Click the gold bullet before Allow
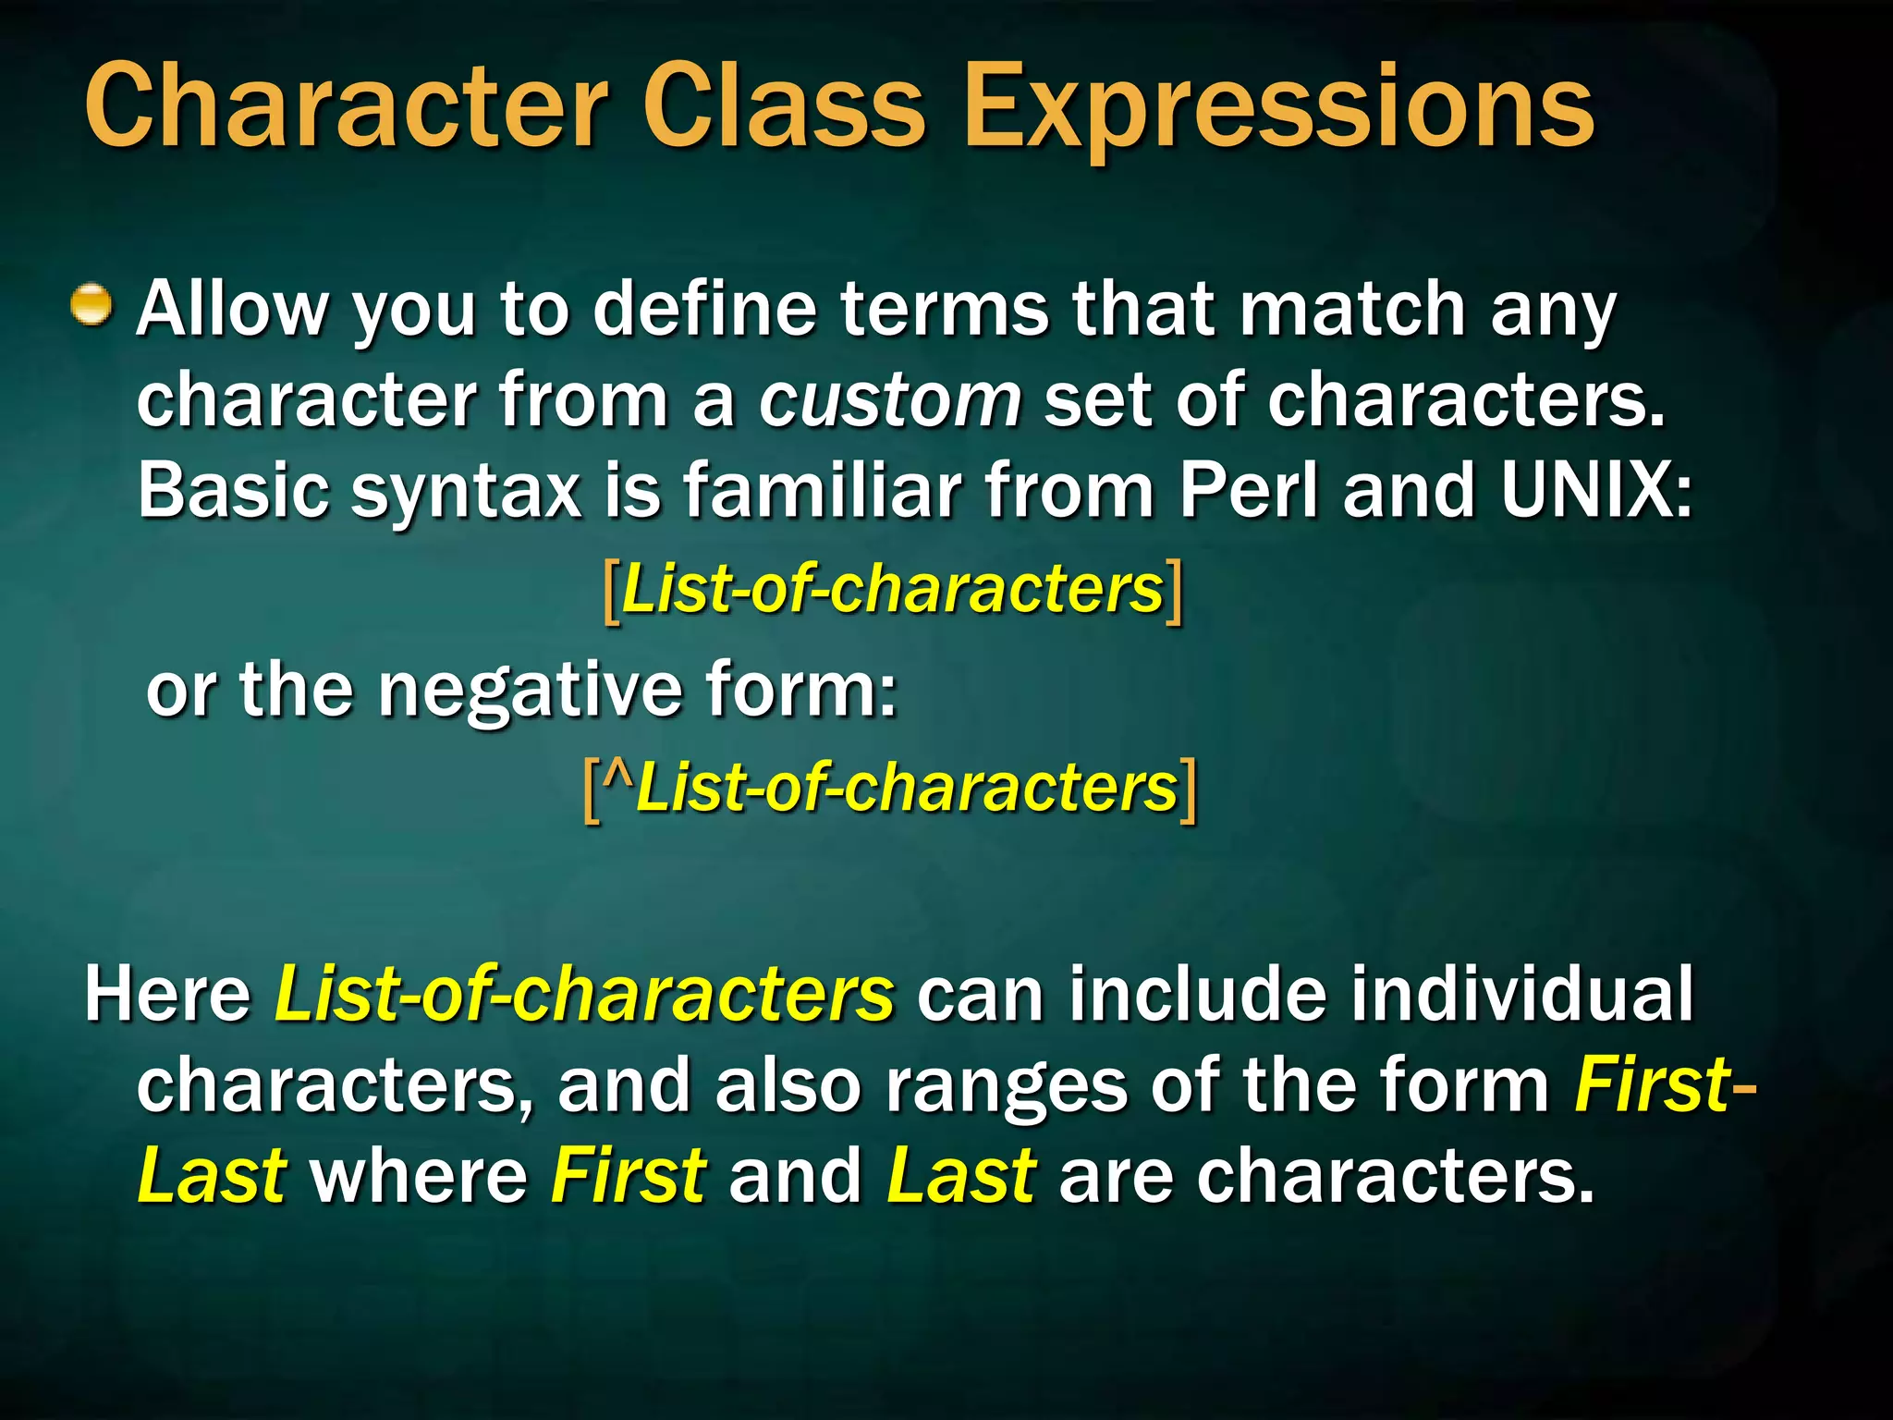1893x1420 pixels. [92, 305]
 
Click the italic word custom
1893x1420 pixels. [890, 401]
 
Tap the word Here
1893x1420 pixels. [167, 995]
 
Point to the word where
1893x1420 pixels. [418, 1176]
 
